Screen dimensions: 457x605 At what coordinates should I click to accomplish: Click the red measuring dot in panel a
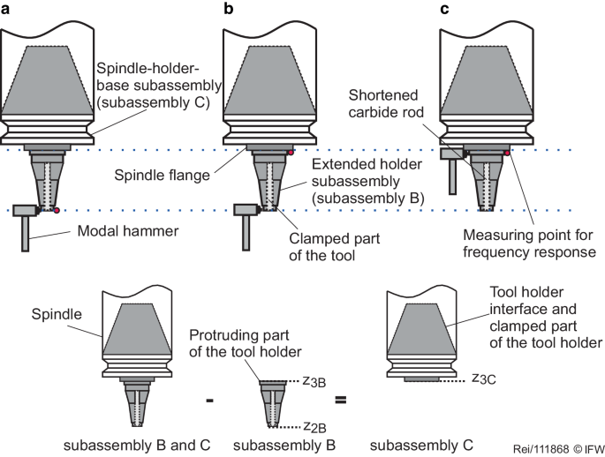point(57,211)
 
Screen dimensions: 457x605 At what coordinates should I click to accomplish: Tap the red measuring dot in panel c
point(506,154)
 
